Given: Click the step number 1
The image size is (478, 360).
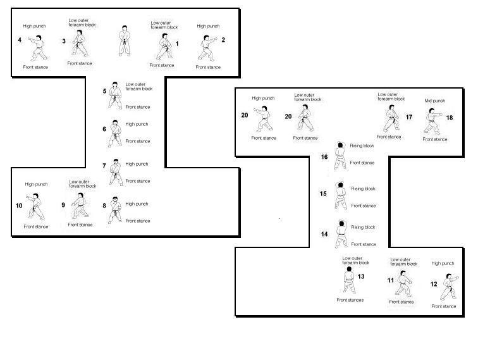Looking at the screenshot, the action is pos(177,44).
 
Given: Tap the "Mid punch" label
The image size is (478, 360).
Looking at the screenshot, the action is pos(435,101).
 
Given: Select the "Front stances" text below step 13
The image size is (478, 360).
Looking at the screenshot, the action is pos(350,300).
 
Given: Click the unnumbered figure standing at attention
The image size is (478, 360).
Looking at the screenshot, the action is pos(125,41).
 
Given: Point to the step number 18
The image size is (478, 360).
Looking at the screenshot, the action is pos(450,118).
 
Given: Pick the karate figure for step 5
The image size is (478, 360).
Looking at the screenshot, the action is pos(115,95).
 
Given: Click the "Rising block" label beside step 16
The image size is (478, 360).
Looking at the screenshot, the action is pos(362,146).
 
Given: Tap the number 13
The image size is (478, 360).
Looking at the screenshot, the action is pos(361,276).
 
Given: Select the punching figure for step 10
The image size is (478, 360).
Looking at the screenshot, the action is pos(35,206).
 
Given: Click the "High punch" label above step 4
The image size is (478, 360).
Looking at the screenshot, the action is pos(34,26).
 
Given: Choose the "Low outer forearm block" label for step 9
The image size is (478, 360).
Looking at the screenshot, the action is pos(83,183).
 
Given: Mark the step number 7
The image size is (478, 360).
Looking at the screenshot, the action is pos(104,166).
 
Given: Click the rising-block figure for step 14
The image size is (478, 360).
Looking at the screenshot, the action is pos(341,233).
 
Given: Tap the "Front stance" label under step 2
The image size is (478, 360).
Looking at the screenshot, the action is pos(208,67).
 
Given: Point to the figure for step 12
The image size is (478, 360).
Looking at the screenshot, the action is pos(449,287).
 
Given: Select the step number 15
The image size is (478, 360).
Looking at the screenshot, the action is pos(323,194).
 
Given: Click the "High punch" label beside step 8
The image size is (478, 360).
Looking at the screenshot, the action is pos(137,204).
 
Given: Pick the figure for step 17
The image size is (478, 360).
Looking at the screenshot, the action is pos(391,118).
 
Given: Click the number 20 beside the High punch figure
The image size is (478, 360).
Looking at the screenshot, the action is pos(245,115).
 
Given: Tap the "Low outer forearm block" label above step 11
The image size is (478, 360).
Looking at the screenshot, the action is pos(404,262).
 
